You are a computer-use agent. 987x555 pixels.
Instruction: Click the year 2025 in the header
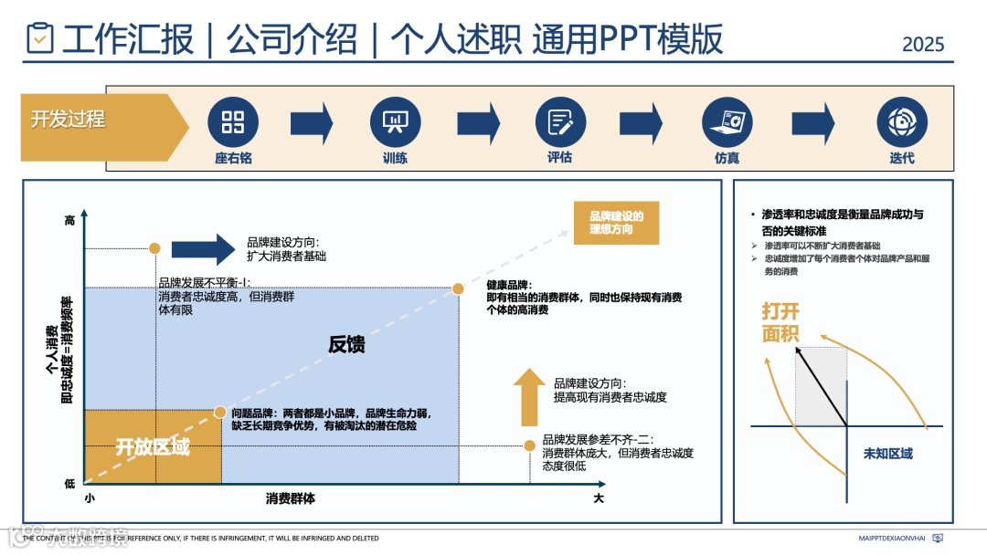click(923, 44)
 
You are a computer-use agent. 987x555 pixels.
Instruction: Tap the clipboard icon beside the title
click(40, 38)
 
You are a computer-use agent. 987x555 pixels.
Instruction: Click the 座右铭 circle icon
click(233, 122)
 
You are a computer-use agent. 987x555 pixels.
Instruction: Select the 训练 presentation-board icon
click(395, 122)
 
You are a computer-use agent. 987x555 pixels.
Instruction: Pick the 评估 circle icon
click(559, 122)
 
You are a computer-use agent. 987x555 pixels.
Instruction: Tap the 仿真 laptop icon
click(727, 122)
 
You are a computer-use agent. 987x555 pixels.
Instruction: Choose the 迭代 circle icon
click(901, 122)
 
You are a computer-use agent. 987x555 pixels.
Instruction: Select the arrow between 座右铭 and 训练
click(312, 123)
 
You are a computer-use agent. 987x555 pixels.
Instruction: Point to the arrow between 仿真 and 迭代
click(813, 123)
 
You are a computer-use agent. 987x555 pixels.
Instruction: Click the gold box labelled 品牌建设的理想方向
click(617, 223)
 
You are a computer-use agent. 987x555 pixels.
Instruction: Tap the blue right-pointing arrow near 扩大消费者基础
click(203, 248)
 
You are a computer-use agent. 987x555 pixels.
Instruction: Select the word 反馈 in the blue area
click(346, 344)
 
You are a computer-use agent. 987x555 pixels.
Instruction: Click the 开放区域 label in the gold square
click(153, 448)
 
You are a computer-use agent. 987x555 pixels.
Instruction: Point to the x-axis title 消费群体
click(291, 498)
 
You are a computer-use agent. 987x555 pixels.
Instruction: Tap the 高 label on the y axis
click(70, 220)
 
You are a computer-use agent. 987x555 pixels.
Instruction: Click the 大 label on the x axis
click(599, 498)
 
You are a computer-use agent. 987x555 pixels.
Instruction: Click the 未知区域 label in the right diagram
click(888, 454)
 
